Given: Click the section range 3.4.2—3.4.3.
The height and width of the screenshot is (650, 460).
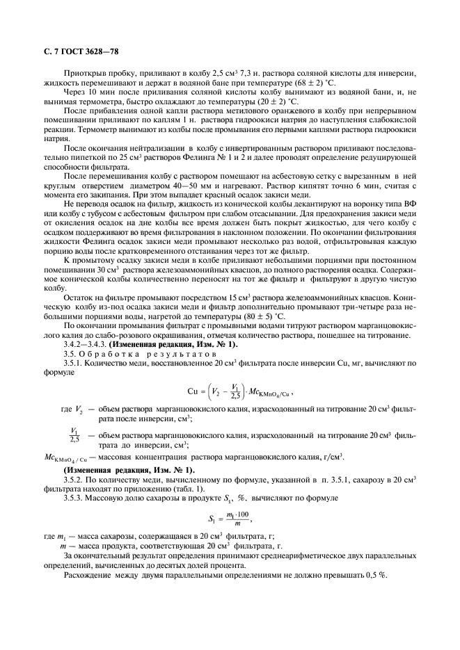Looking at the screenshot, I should (x=87, y=345).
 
